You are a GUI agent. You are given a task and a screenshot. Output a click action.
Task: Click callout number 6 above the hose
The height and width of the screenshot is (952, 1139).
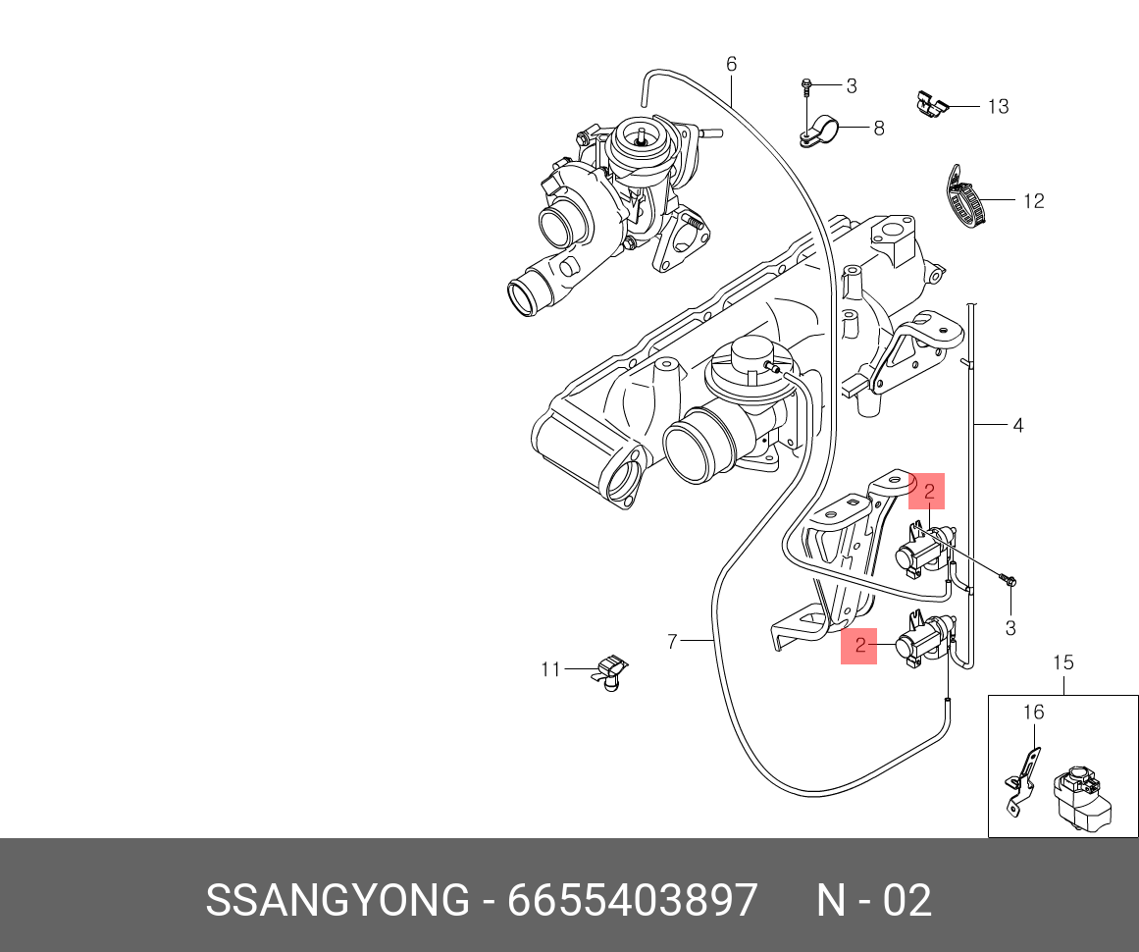(731, 65)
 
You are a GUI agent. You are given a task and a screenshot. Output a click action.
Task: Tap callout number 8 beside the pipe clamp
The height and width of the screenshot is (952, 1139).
(878, 128)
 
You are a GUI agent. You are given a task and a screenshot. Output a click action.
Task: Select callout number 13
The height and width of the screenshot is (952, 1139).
(998, 106)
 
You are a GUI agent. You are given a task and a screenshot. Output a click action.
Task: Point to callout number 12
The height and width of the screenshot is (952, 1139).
(1033, 201)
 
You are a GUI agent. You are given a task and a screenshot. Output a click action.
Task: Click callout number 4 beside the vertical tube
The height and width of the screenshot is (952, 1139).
(1017, 425)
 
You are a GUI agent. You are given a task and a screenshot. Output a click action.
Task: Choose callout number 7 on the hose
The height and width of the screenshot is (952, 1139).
(672, 642)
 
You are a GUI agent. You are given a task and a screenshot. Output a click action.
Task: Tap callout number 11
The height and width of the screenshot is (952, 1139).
(550, 669)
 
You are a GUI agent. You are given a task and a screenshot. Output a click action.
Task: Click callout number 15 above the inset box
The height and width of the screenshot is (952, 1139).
(1063, 662)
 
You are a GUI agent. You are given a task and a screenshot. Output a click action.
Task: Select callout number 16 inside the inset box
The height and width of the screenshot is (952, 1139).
(1034, 713)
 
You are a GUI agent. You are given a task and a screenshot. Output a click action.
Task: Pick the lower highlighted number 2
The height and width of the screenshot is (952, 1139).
(859, 646)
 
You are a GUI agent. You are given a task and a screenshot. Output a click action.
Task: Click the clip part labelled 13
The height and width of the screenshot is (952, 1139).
(931, 103)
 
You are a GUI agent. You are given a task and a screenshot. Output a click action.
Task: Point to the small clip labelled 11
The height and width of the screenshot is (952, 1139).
(610, 672)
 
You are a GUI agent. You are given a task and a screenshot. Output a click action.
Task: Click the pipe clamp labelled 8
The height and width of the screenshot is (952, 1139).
(819, 131)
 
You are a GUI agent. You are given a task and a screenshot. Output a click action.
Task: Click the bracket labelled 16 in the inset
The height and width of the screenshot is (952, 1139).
(1020, 780)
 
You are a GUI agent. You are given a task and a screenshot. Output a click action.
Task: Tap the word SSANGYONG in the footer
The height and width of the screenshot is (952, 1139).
(337, 900)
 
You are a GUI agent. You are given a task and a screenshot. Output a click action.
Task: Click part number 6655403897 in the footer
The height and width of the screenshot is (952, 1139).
(633, 900)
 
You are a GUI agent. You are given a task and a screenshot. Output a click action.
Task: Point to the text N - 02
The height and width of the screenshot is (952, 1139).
(874, 900)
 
